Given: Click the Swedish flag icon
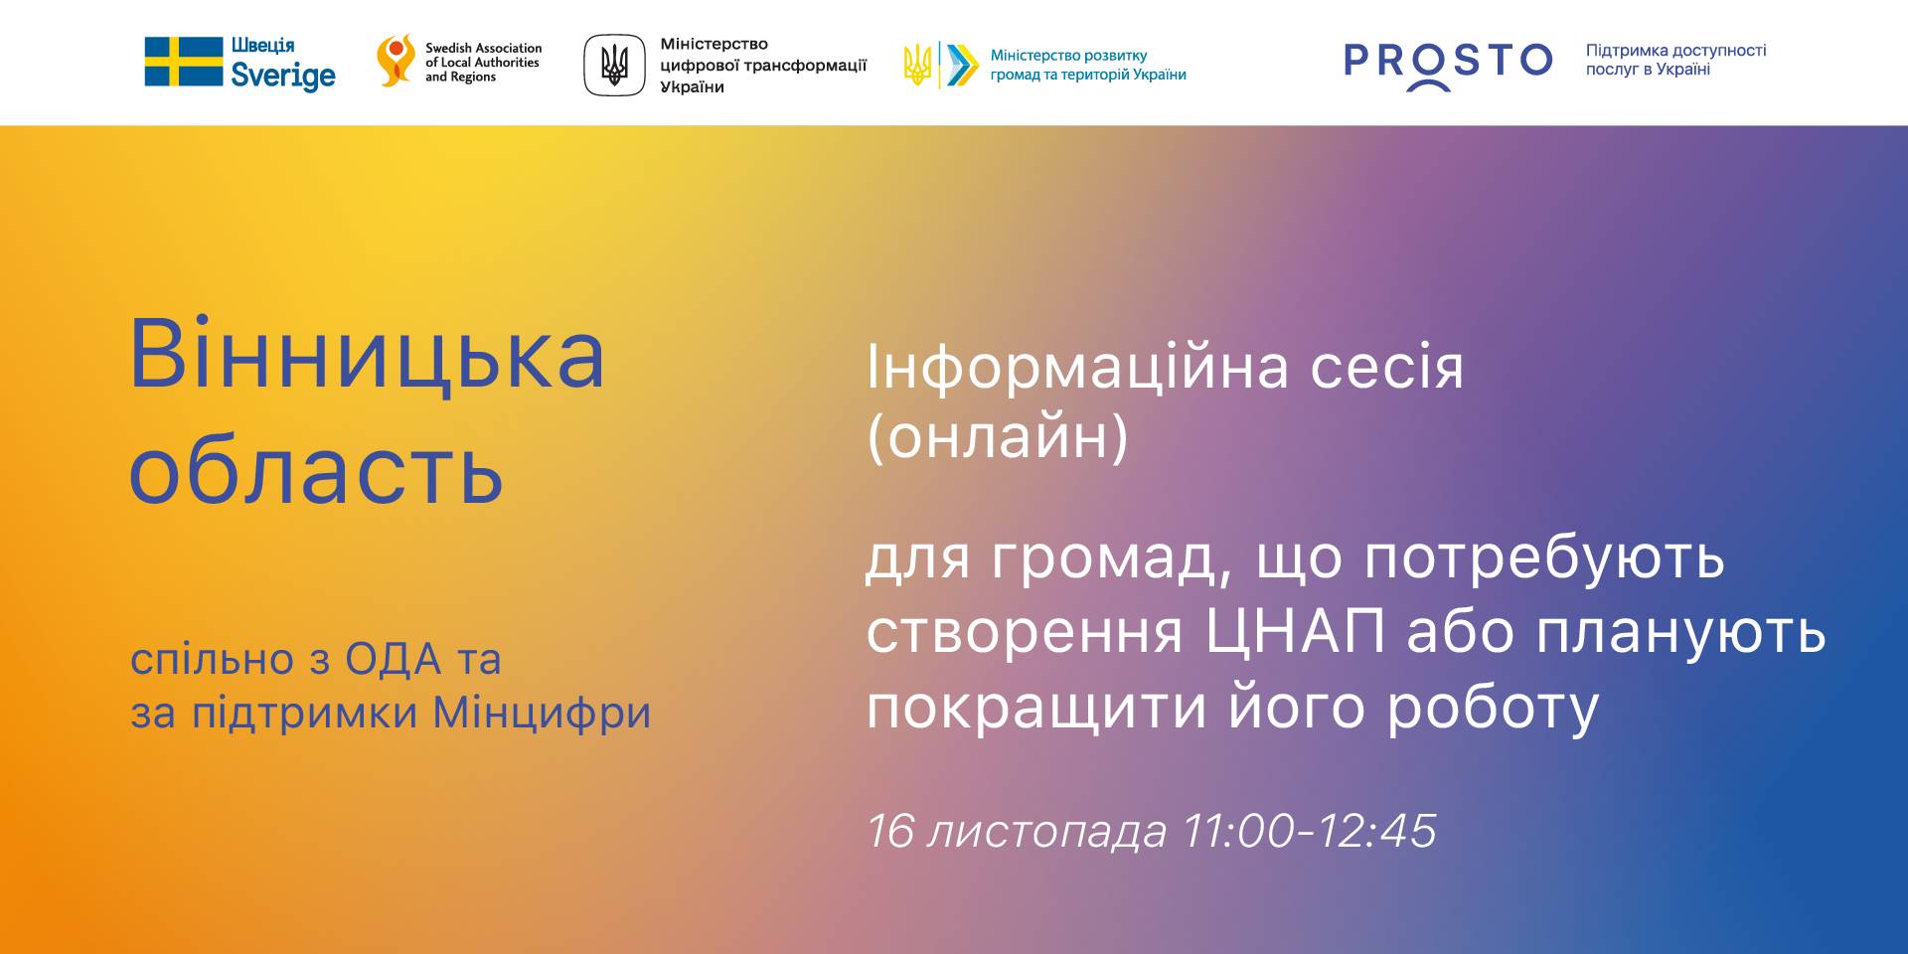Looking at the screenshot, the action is pyautogui.click(x=184, y=62).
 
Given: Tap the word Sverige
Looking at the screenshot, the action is pyautogui.click(x=283, y=77).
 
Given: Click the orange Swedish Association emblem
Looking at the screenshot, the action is pyautogui.click(x=396, y=61).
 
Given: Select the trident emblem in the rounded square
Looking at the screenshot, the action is pyautogui.click(x=614, y=66).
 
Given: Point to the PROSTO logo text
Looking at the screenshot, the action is pyautogui.click(x=1448, y=64).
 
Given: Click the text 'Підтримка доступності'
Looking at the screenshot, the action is pyautogui.click(x=1675, y=51).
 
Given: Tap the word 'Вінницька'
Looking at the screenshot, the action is pyautogui.click(x=367, y=356).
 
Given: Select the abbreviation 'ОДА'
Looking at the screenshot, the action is pyautogui.click(x=394, y=660).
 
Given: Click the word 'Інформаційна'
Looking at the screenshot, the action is pyautogui.click(x=1078, y=368).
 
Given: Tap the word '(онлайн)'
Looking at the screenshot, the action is pyautogui.click(x=998, y=436).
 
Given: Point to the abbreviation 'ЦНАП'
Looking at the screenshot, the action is pyautogui.click(x=1295, y=631).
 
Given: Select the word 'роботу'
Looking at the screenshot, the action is pyautogui.click(x=1494, y=709).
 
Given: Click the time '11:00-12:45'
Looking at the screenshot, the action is pyautogui.click(x=1310, y=831).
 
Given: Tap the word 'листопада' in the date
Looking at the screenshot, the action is pyautogui.click(x=1046, y=833).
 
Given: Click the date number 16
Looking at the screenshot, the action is pyautogui.click(x=889, y=831).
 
